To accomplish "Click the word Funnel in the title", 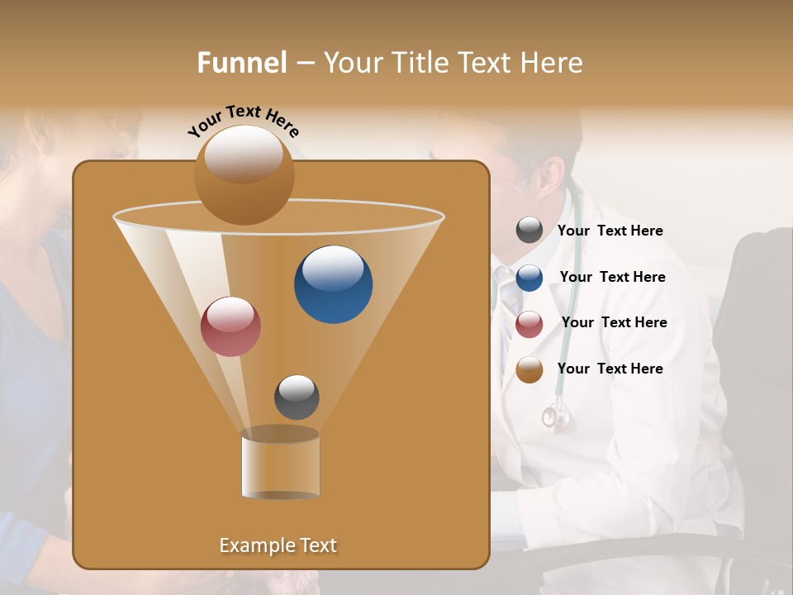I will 242,62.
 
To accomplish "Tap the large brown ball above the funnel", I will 244,174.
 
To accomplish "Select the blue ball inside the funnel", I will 333,284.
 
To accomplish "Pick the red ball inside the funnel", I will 230,326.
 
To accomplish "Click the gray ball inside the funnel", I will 297,397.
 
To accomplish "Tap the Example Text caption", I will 278,545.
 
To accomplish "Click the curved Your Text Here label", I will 243,121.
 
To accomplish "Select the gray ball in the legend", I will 529,230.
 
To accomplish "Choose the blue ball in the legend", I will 529,278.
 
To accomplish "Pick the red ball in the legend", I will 529,324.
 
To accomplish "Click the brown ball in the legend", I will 529,369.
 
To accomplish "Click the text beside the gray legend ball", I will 610,231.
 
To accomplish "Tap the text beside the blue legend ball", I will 612,277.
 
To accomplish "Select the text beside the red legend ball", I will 614,322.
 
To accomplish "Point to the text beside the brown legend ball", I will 610,369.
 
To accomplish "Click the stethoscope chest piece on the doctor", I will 555,418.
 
